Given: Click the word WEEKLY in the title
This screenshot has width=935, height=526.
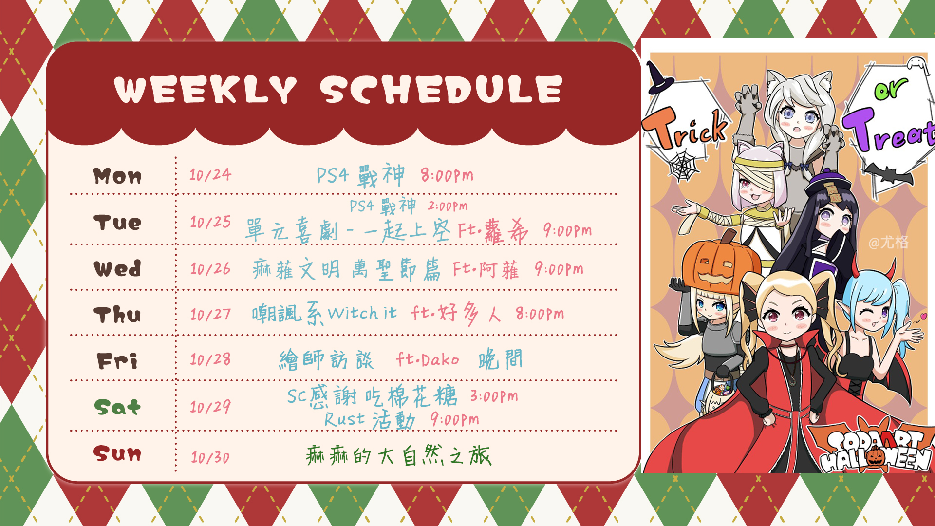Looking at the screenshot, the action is [205, 90].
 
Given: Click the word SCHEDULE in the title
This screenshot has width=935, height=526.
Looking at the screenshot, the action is [441, 90].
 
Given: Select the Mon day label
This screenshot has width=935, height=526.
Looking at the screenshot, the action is [117, 176].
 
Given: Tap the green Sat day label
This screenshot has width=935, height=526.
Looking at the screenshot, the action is [117, 407].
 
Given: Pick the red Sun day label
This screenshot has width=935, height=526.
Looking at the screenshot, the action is [117, 453].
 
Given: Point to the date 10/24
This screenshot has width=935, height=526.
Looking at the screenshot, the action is [210, 174].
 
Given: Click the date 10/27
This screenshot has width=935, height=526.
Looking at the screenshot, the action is [210, 314].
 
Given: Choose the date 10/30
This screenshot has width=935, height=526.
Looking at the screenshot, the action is [210, 457].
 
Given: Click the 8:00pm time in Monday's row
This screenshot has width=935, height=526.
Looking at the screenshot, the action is [447, 175].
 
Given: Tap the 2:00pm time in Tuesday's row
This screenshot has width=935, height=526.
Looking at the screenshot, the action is [448, 206].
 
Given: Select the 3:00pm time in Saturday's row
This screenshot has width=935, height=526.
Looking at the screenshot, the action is [494, 396].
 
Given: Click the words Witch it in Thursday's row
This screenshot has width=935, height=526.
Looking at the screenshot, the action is [362, 313].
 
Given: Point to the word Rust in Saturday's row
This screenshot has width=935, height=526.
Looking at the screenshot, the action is [345, 419].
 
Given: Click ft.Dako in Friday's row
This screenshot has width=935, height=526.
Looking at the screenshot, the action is [428, 359].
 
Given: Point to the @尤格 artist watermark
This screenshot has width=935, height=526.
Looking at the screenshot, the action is [889, 242].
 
